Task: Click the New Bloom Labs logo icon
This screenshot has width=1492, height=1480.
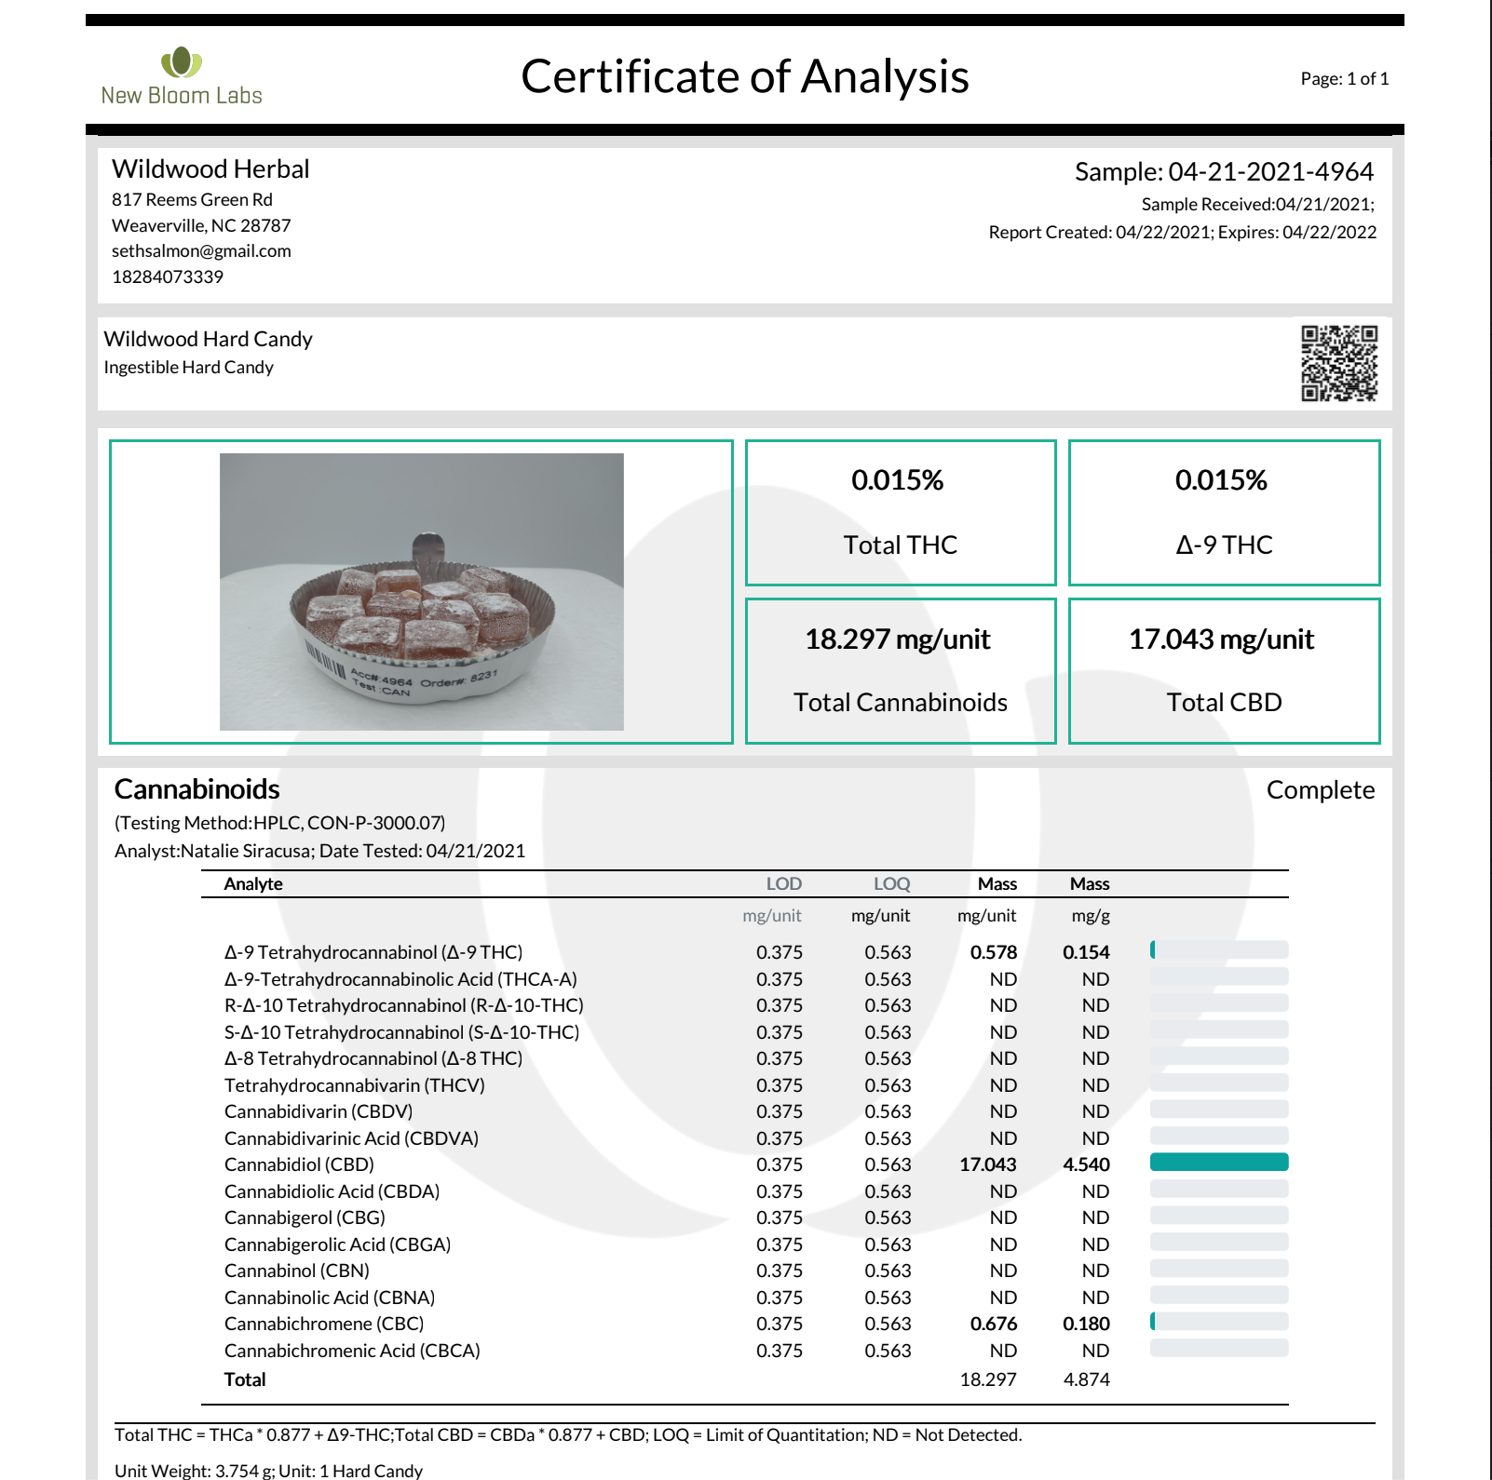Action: tap(182, 62)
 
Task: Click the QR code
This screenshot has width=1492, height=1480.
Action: tap(1338, 363)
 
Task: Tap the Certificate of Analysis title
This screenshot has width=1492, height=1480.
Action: tap(744, 76)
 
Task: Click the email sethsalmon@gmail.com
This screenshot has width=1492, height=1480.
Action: tap(201, 251)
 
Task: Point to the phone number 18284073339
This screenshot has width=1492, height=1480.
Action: tap(168, 277)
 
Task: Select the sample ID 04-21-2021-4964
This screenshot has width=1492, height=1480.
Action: tap(1270, 172)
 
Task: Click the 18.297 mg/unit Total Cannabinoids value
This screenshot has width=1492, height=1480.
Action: tap(897, 639)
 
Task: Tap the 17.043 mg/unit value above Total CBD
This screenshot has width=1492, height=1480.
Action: tap(1221, 639)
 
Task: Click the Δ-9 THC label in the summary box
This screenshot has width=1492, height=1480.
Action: tap(1223, 545)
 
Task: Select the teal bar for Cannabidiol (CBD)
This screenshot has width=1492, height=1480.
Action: tap(1218, 1163)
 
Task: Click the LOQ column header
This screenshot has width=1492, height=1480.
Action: tap(891, 884)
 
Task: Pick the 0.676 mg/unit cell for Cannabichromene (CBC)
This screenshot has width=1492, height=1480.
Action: tap(993, 1324)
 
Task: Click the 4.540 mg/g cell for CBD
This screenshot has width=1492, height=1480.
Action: tap(1086, 1164)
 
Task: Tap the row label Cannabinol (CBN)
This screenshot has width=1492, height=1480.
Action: tap(297, 1271)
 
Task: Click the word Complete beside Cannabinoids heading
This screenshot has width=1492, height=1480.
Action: tap(1320, 790)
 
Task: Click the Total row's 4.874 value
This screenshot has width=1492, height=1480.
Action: tap(1086, 1379)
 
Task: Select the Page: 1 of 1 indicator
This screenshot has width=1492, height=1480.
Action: tap(1344, 79)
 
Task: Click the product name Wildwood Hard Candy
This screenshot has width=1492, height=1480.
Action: tap(208, 340)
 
